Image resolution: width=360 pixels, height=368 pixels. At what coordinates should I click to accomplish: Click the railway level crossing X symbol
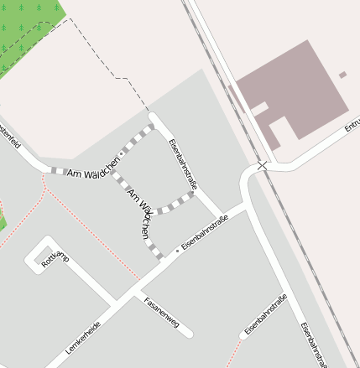(263, 166)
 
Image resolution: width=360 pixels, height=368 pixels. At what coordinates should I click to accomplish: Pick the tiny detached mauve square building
(342, 75)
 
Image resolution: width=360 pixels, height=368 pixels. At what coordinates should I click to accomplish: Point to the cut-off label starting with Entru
(352, 127)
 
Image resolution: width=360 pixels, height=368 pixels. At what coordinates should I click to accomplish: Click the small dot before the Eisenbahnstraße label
(177, 251)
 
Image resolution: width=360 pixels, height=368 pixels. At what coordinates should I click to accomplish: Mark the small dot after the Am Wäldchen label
(123, 154)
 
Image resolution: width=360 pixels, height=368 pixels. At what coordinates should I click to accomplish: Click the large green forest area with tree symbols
(29, 29)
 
